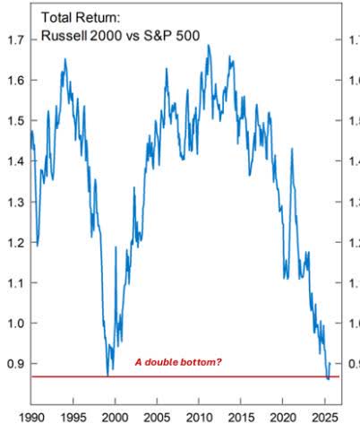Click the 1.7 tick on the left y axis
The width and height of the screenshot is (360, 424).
(15, 40)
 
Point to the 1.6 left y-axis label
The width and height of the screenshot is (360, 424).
(15, 81)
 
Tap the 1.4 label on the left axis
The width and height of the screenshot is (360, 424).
(15, 161)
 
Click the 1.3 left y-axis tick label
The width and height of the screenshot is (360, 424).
(15, 202)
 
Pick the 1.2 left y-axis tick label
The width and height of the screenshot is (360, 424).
(15, 242)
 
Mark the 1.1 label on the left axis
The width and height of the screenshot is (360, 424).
(15, 282)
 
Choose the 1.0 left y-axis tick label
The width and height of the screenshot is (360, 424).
(15, 323)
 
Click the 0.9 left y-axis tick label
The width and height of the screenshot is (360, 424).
(15, 363)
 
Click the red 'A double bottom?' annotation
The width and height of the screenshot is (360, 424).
(178, 362)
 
